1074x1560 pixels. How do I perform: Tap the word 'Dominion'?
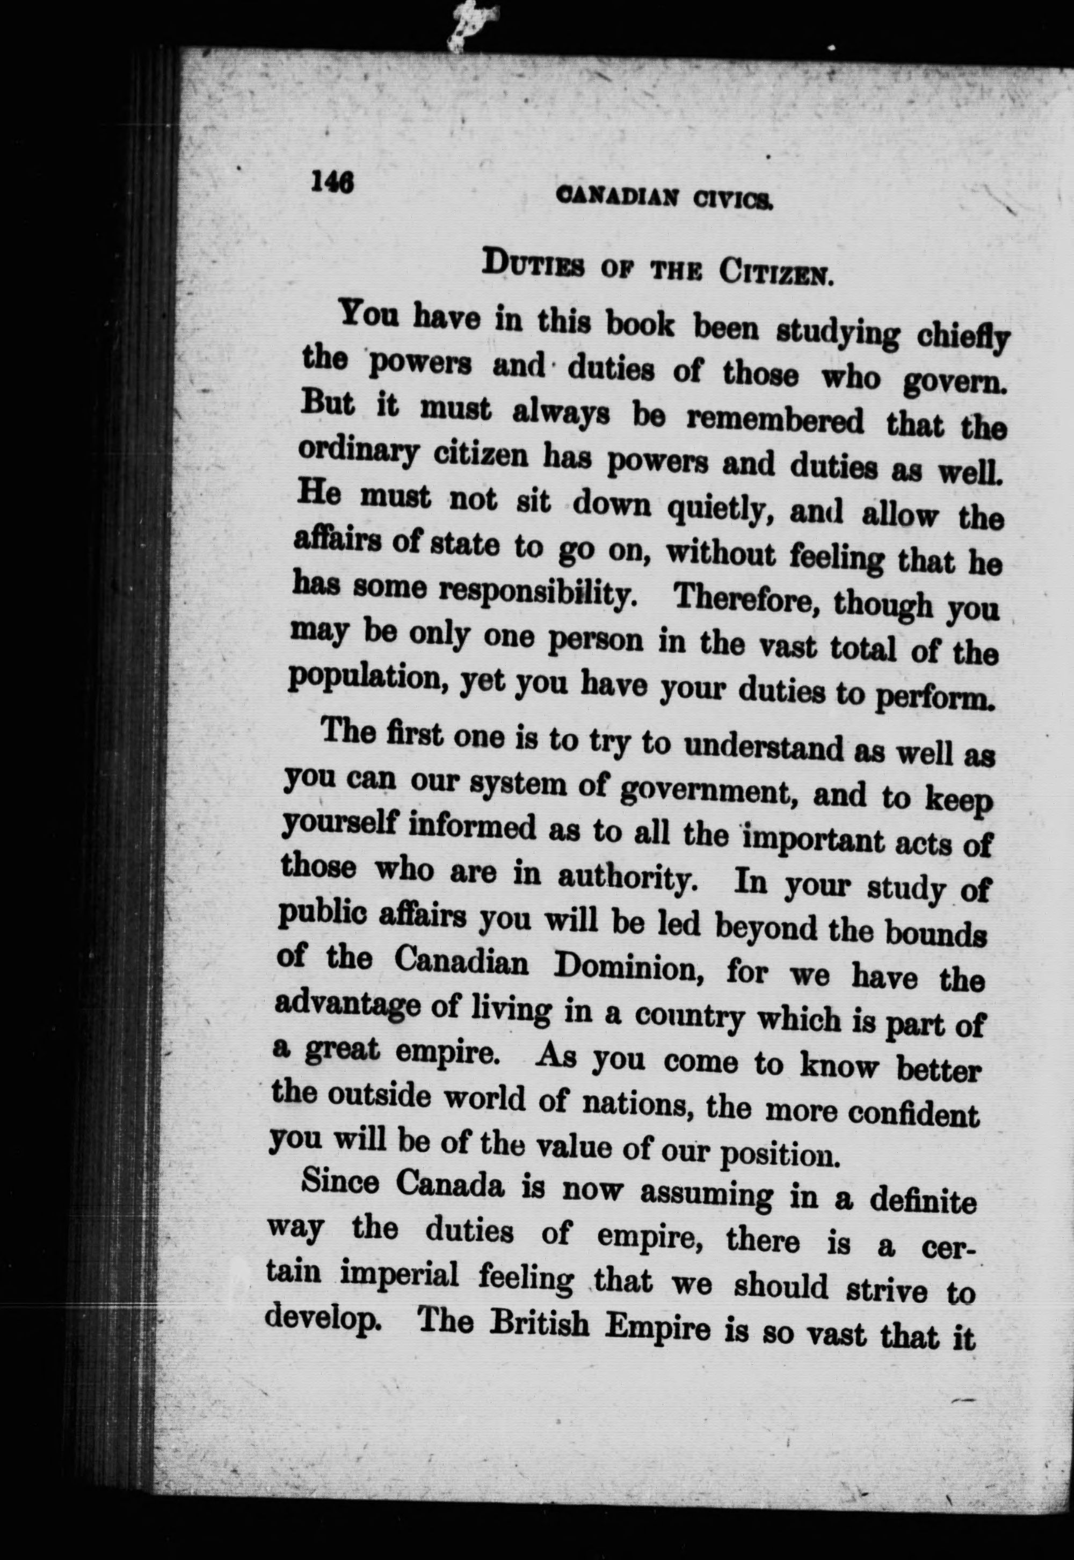pos(629,969)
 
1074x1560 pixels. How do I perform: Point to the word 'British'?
pos(541,1323)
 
